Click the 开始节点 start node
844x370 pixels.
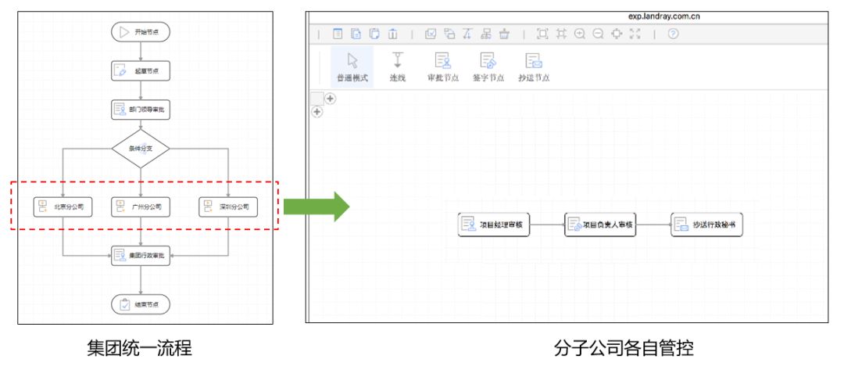[141, 32]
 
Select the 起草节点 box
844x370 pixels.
[141, 70]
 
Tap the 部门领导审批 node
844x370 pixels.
[141, 109]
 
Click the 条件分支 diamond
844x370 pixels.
[141, 149]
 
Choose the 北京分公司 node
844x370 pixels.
[63, 207]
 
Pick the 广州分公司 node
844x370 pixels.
[141, 207]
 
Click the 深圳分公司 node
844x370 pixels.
[227, 207]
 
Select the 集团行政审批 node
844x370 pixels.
[141, 255]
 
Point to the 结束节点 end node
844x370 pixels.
[141, 304]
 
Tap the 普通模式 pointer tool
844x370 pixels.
[352, 66]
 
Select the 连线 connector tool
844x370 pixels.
[397, 66]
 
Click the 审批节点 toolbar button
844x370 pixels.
[443, 66]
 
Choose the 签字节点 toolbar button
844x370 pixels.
[488, 66]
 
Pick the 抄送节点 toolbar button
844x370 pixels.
[534, 66]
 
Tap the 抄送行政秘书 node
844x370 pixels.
[706, 225]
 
